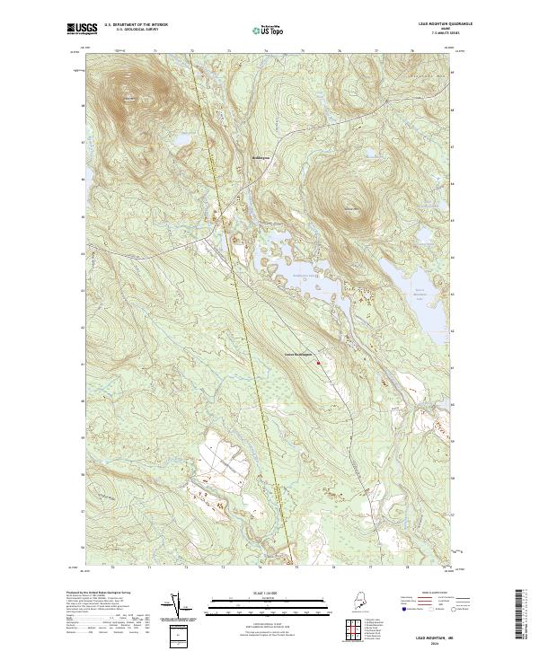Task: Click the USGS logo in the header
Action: point(82,29)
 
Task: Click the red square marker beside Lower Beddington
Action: point(317,363)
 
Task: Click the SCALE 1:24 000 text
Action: point(269,591)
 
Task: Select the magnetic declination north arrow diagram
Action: point(176,606)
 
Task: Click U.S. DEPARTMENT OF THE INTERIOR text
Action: point(129,24)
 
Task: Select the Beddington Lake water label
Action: point(306,276)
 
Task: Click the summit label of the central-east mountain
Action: point(351,209)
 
